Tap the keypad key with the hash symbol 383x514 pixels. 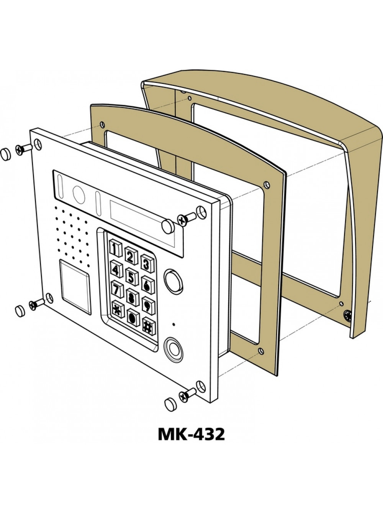[149, 326]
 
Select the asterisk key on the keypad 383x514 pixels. [118, 309]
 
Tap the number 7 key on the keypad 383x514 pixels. [117, 289]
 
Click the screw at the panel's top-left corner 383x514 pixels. [23, 149]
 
